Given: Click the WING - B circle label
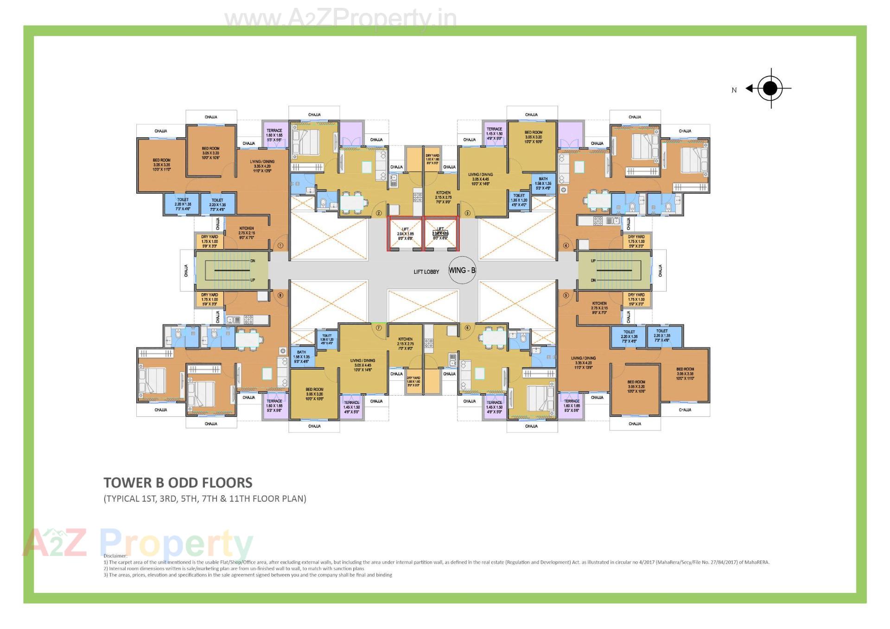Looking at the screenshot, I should tap(462, 270).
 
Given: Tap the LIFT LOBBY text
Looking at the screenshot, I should tap(426, 272).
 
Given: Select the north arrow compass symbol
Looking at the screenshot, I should tap(769, 88).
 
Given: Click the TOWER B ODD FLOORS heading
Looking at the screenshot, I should tap(178, 483).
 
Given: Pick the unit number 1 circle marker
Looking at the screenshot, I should tap(280, 245).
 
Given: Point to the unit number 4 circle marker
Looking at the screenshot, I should tap(566, 245).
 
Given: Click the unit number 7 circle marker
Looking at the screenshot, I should tap(379, 327).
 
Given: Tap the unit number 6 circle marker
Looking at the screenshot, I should tap(467, 327).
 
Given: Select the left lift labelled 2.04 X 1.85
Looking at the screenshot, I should tap(405, 234).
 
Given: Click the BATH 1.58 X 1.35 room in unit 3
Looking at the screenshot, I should tap(543, 183).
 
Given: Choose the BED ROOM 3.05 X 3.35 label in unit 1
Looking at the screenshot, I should tap(161, 165).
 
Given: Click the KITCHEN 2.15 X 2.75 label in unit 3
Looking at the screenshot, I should tap(443, 197).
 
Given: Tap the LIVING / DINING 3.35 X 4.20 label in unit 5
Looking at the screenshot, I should tap(583, 363).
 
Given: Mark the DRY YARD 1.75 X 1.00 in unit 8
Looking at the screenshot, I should tap(210, 299).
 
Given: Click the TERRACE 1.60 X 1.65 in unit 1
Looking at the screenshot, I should tap(274, 135).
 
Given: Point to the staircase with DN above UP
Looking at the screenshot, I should tap(232, 270).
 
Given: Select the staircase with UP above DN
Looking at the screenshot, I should tap(614, 270).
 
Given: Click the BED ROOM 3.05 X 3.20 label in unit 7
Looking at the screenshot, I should tap(314, 394).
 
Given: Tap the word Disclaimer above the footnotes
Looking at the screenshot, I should tap(115, 556).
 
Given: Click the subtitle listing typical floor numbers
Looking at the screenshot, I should tap(205, 499).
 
